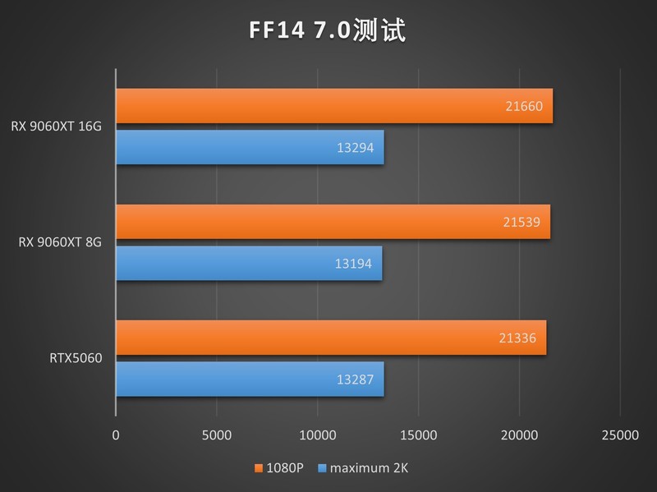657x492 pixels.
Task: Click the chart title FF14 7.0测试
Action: [x=328, y=30]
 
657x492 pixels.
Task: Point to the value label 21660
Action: [x=524, y=106]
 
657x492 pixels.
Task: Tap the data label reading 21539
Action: [x=521, y=222]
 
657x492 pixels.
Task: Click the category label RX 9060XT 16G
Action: [x=57, y=126]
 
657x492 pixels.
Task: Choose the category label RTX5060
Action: [x=76, y=358]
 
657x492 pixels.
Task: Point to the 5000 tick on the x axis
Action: [x=216, y=435]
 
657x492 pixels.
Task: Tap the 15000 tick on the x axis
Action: [x=418, y=435]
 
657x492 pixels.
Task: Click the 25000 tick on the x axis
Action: [x=619, y=435]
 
